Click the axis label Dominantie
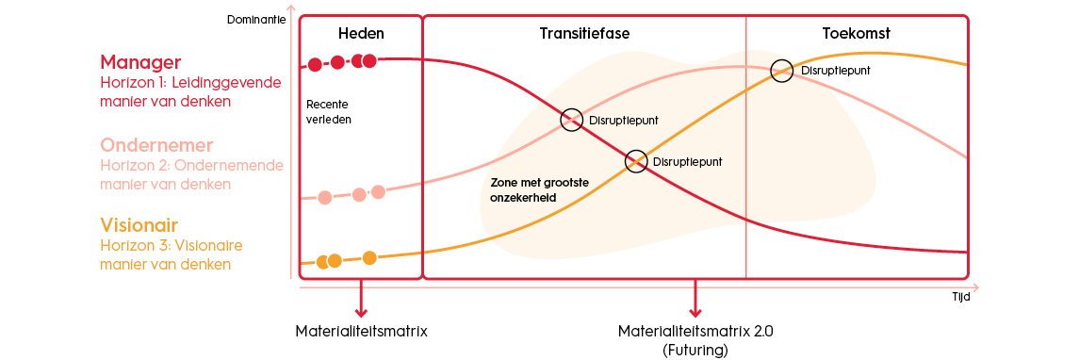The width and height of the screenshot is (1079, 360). (256, 18)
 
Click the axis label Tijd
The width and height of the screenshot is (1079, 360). (960, 295)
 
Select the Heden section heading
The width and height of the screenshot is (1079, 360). (361, 34)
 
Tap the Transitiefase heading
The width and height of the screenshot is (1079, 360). (584, 34)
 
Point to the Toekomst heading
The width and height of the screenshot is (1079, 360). (857, 34)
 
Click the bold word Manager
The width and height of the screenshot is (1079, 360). (140, 62)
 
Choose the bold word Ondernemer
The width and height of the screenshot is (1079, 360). (156, 145)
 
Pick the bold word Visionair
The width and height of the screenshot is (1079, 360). (139, 225)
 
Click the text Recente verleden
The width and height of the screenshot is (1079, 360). (322, 112)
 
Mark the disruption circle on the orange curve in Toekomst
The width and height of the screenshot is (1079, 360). (781, 70)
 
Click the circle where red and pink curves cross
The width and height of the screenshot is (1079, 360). (571, 120)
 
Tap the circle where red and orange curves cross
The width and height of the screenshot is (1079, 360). (636, 161)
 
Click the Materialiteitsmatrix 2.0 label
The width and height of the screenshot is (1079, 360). (695, 332)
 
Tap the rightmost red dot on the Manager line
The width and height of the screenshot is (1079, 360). (369, 61)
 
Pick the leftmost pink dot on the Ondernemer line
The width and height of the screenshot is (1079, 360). (325, 197)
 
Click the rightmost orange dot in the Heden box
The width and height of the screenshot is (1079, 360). (369, 257)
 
